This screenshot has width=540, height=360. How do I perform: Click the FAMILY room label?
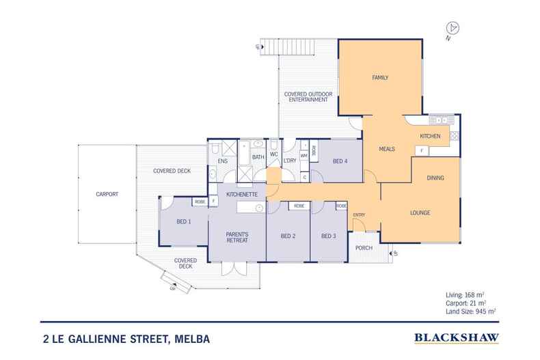click(x=380, y=77)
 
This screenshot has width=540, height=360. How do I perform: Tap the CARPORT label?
click(x=107, y=194)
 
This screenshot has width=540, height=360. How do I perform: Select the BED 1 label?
click(x=184, y=221)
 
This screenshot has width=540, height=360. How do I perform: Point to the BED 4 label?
click(x=340, y=161)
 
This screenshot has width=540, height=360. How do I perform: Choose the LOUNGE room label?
click(x=420, y=212)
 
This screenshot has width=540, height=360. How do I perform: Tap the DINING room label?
click(x=435, y=178)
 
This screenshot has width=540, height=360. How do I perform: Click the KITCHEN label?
click(x=429, y=137)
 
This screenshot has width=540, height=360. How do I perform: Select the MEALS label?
click(x=388, y=148)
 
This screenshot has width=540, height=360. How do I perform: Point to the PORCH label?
click(x=364, y=247)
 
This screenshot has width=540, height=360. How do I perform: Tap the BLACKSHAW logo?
click(x=457, y=337)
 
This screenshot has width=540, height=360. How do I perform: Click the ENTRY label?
click(x=359, y=215)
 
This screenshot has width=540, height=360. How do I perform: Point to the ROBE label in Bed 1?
click(x=200, y=202)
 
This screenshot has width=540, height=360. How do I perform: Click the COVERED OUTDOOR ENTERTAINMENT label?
click(x=307, y=96)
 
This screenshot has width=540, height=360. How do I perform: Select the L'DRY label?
click(x=289, y=161)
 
